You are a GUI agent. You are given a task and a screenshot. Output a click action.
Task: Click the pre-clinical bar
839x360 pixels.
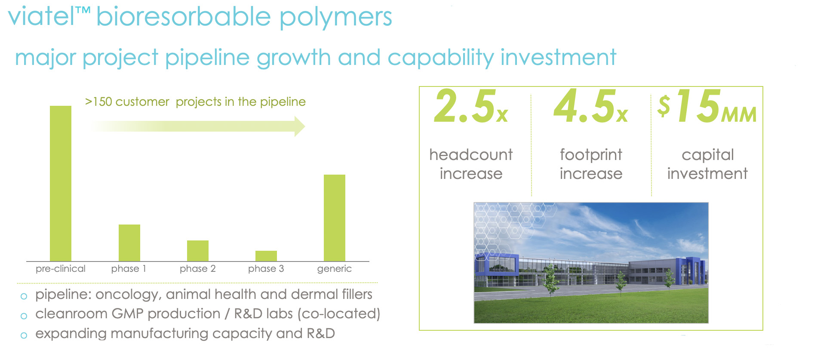point(61,183)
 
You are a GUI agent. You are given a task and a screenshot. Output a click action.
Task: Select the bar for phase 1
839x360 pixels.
point(129,243)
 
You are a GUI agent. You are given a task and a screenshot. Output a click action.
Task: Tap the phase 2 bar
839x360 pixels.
point(198,251)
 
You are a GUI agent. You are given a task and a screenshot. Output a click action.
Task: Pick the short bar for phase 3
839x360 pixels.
point(266,256)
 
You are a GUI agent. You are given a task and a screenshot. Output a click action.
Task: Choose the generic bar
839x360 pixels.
point(335,218)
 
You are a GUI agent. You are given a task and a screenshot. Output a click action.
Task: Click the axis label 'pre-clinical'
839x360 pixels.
point(61,269)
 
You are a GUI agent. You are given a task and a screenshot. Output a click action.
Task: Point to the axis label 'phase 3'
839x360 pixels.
point(266,269)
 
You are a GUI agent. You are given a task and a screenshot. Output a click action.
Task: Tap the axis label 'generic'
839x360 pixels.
point(335,269)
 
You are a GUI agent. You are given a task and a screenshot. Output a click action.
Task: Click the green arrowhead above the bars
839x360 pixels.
point(300,126)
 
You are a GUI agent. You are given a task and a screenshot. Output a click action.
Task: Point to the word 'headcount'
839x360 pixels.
point(471,154)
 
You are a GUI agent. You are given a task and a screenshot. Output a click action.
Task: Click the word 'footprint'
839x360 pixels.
point(591,154)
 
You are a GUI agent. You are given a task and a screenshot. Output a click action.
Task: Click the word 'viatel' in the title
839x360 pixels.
point(41,16)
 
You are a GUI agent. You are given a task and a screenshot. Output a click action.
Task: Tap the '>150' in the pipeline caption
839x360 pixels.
point(98,102)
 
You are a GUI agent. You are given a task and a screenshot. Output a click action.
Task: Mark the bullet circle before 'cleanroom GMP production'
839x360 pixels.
point(24,316)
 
